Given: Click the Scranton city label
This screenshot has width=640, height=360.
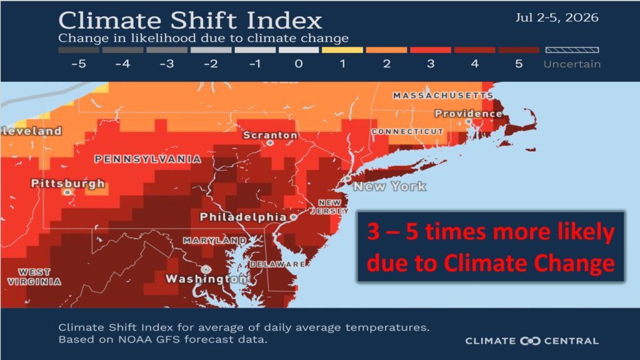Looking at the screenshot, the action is pos(270,135).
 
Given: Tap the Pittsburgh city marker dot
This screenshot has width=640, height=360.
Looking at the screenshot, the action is pos(67,192).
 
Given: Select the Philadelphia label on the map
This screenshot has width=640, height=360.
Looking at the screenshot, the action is pos(243,217).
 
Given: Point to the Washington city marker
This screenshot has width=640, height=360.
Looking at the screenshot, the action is pos(206,269).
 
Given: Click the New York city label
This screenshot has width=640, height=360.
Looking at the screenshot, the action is pos(390,186).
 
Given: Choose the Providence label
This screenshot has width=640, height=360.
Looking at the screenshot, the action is pos(468,114).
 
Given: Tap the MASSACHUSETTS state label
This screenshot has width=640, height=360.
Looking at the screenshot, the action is pos(443,96).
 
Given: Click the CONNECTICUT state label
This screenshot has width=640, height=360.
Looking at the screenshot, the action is pos(407,131).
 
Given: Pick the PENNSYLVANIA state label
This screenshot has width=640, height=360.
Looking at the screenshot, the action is pos(147,159).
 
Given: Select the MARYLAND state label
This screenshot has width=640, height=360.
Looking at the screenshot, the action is pos(215,241).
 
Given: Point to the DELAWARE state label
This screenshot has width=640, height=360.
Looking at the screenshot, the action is pos(277,264).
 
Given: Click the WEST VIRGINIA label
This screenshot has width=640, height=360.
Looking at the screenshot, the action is pos(34,277).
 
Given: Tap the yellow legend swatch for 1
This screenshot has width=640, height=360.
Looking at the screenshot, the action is pos(342,50).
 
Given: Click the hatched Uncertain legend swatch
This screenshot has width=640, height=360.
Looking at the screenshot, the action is pos(572,50).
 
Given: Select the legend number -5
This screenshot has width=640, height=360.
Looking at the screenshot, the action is pos(78,64).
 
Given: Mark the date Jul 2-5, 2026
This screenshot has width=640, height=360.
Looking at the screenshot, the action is pos(557,17).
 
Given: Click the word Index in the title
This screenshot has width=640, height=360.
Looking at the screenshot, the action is pos(284,21).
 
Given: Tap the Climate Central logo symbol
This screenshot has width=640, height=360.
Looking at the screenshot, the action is pos(530,341).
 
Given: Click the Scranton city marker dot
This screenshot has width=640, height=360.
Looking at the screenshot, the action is pos(270,143).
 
